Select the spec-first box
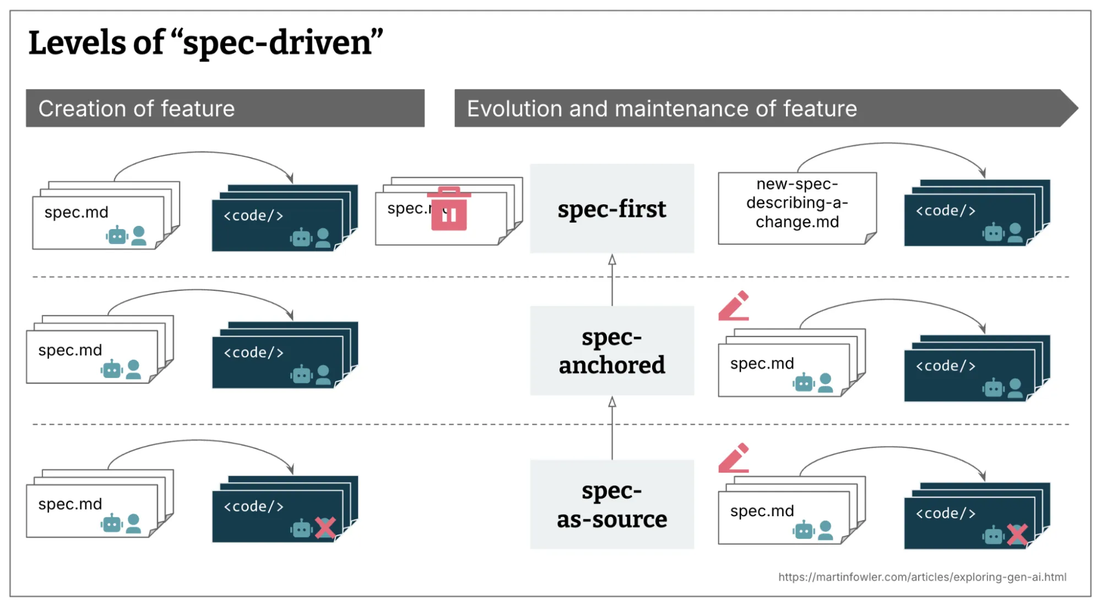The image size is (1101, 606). [x=611, y=209]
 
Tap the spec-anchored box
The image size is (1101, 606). [x=611, y=350]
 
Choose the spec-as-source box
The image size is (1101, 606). [x=611, y=505]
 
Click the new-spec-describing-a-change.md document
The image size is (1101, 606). [x=796, y=204]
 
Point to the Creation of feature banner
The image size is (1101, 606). [x=225, y=109]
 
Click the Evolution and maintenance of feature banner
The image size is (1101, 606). [x=760, y=109]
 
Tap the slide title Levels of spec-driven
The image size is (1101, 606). [x=205, y=43]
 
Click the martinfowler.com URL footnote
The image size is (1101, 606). [x=922, y=577]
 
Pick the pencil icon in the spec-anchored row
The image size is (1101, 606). [x=734, y=306]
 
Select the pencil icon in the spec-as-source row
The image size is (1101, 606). [x=734, y=458]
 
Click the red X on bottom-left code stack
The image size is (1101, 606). [x=325, y=528]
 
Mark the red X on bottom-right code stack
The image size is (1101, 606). [x=1017, y=534]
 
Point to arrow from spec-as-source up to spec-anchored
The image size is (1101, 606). [x=612, y=428]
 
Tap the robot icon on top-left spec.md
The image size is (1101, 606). [x=117, y=236]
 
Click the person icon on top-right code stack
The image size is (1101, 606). [x=1015, y=232]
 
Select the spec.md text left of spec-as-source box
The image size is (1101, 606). [x=70, y=504]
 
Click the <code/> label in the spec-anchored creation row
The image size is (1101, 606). [x=253, y=353]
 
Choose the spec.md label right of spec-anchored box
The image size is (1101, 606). [x=762, y=364]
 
